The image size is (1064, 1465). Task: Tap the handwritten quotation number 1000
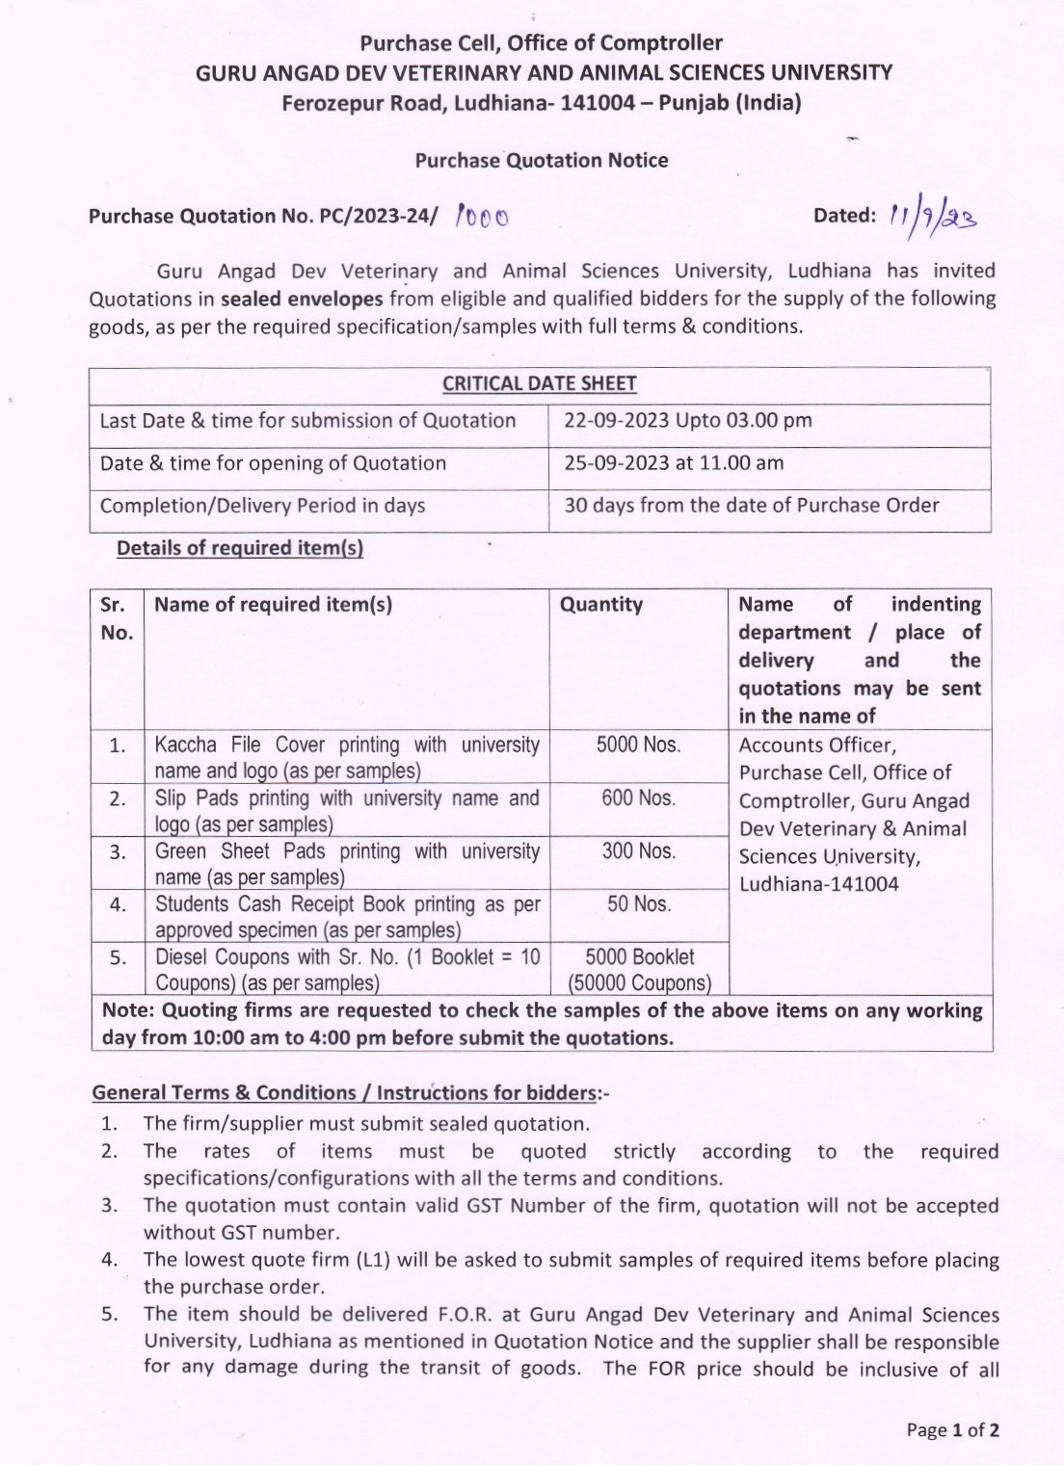click(483, 216)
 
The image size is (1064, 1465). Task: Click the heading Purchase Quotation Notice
click(542, 160)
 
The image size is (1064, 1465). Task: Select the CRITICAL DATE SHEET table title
click(540, 383)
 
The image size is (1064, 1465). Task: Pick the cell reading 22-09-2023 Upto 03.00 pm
click(688, 420)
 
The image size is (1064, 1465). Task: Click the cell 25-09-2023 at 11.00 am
click(674, 462)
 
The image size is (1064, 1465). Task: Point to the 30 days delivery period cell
click(752, 505)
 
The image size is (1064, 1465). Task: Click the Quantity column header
click(601, 604)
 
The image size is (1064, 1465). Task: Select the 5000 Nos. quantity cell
click(638, 745)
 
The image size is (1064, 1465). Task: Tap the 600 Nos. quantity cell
click(638, 798)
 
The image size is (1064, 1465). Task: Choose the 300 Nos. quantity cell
click(638, 850)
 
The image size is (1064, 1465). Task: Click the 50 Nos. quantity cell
click(639, 903)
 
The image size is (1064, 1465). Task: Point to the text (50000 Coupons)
click(639, 983)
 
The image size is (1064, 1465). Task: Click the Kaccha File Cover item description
click(347, 757)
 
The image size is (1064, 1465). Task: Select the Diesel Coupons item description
click(347, 969)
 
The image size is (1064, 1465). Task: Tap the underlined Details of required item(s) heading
click(240, 548)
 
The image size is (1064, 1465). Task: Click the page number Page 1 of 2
click(952, 1429)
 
